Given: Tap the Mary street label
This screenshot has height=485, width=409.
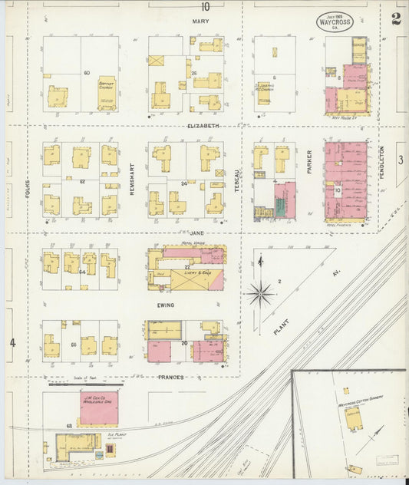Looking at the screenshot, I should click(201, 21).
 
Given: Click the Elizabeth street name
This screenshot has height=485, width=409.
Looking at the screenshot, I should click(203, 125).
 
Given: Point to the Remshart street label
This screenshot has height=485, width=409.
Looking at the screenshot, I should click(132, 179).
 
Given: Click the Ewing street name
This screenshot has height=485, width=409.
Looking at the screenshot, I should click(165, 305).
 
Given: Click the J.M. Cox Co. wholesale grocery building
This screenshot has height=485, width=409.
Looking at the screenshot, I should click(99, 407).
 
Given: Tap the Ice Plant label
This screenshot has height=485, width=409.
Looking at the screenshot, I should click(117, 435).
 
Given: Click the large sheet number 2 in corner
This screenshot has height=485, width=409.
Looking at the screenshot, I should click(395, 19).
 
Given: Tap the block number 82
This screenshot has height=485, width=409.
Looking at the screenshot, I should click(81, 181).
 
